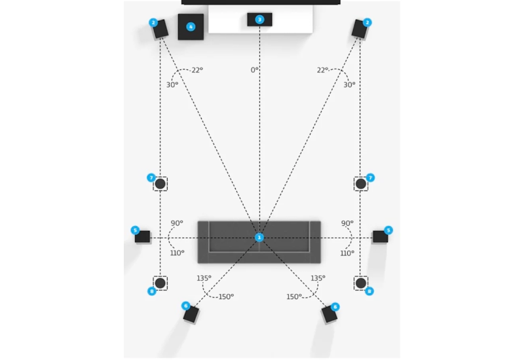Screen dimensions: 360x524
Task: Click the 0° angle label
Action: (254, 69)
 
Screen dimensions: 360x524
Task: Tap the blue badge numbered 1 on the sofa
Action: (259, 237)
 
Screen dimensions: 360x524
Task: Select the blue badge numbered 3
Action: (259, 20)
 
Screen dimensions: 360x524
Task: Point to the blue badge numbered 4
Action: (191, 27)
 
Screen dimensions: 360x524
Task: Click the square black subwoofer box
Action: (191, 27)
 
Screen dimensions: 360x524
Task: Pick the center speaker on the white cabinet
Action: (259, 20)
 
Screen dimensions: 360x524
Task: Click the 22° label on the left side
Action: (196, 70)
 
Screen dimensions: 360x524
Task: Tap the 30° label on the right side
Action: (349, 84)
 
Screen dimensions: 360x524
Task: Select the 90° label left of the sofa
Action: (176, 223)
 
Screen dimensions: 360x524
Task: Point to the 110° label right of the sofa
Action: (347, 253)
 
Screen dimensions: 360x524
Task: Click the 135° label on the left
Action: (204, 278)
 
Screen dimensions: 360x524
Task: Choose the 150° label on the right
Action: (294, 297)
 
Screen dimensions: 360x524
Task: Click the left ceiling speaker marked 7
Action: (160, 184)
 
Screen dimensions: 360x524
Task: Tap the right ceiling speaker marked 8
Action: (360, 283)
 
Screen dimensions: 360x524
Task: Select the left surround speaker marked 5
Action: (143, 236)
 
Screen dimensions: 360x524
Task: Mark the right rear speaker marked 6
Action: (329, 314)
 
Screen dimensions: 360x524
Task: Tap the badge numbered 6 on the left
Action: (185, 306)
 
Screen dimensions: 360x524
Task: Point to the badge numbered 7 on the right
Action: (370, 177)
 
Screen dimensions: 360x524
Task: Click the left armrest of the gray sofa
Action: (203, 242)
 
